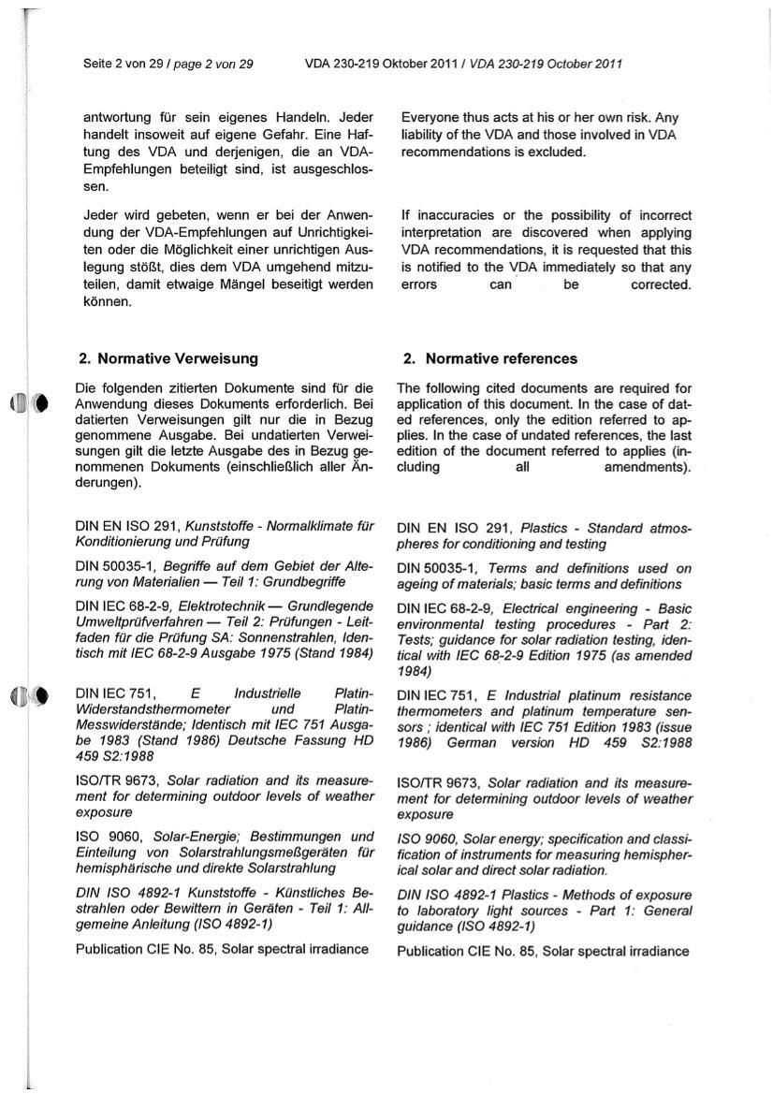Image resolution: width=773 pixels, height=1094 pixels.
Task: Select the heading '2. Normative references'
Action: pyautogui.click(x=489, y=358)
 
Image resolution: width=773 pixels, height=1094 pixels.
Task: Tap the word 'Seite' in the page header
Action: pyautogui.click(x=98, y=65)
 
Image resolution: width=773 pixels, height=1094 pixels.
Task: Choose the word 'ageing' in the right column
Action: pyautogui.click(x=417, y=584)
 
